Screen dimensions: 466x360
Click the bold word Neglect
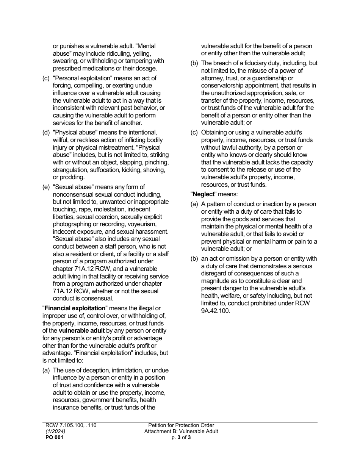(x=204, y=194)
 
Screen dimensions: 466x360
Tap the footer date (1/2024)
(x=55, y=431)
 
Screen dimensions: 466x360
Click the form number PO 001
(x=54, y=437)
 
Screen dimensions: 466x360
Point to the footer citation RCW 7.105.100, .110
(x=71, y=425)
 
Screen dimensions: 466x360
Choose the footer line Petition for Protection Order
(x=181, y=425)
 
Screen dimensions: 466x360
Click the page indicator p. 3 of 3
(x=181, y=437)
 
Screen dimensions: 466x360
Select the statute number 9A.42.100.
(x=215, y=311)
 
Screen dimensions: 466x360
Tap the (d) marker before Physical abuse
(x=46, y=133)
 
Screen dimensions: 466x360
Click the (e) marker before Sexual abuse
(x=46, y=187)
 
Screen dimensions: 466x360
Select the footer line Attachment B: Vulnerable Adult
(x=181, y=431)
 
